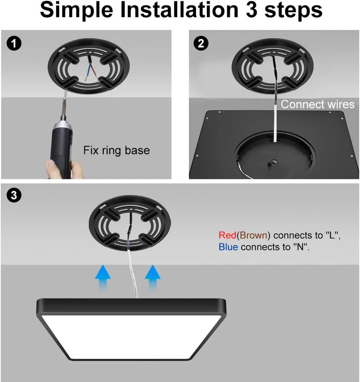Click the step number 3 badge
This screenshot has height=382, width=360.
[x=14, y=195]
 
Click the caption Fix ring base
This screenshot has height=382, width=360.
[x=116, y=151]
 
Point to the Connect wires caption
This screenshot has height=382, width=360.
[x=318, y=104]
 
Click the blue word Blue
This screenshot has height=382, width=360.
[x=228, y=247]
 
